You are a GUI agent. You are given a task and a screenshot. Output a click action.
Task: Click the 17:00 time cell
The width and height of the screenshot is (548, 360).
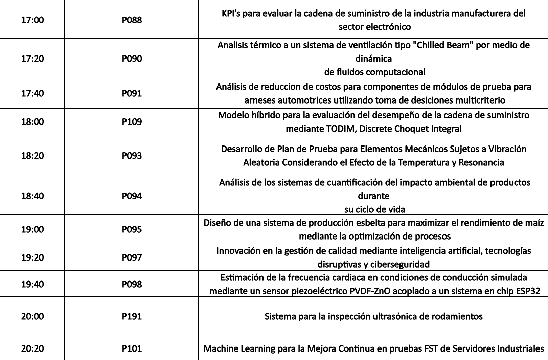point(32,20)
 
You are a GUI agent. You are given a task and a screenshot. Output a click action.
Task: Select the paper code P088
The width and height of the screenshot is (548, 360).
point(132,20)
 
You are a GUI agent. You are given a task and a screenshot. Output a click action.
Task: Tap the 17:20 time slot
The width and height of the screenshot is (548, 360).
point(32,59)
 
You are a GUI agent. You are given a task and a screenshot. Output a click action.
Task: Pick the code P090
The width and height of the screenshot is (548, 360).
point(132,59)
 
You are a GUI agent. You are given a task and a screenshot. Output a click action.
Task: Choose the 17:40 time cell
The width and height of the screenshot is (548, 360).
point(32,93)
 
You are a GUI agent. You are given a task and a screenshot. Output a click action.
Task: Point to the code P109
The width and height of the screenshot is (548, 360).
point(132,121)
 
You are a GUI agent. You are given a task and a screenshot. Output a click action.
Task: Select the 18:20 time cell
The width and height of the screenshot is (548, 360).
point(32,155)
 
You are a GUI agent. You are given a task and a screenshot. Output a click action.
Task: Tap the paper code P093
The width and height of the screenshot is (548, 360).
point(132,155)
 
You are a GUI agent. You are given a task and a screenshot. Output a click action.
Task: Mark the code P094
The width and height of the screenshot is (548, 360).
point(132,196)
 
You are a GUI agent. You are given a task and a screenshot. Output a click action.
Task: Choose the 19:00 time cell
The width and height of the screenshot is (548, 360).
point(32,229)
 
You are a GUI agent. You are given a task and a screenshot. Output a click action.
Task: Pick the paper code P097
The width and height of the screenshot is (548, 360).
point(132,257)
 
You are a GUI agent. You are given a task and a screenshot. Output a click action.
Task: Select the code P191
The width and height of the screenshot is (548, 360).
point(132,316)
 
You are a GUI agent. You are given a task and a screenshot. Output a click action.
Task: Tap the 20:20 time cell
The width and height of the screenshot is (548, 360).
point(32,348)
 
